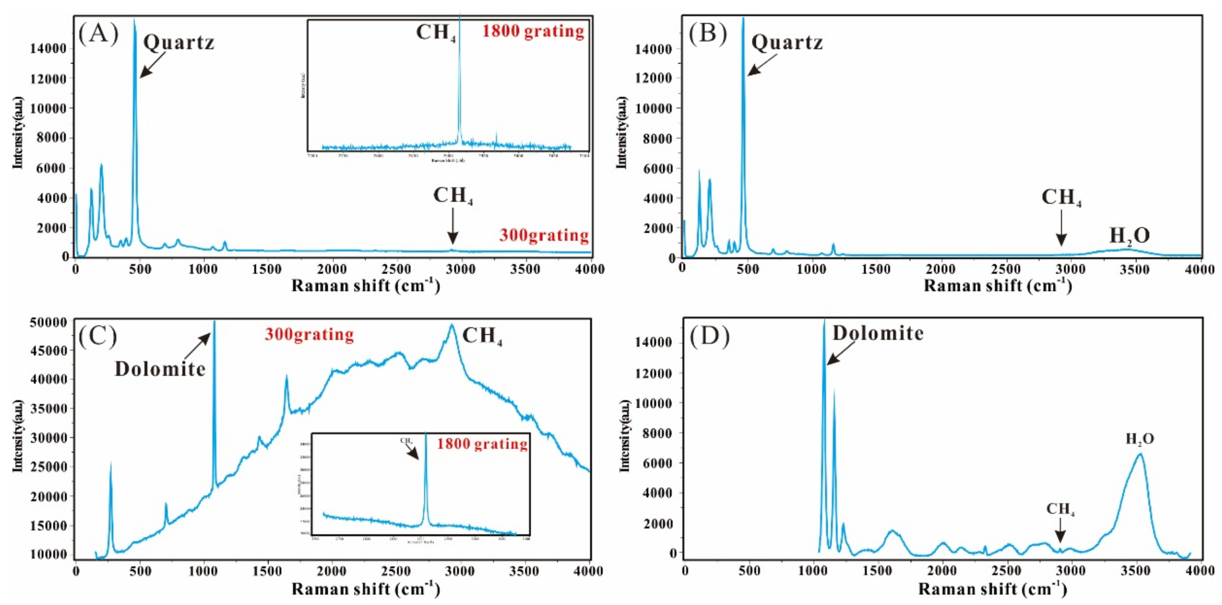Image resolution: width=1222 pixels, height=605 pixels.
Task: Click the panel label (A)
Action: click(98, 34)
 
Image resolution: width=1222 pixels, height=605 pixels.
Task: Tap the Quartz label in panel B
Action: click(787, 43)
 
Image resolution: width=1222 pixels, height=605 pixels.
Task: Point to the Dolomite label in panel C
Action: click(160, 369)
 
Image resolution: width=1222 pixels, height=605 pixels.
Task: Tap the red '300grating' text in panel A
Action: click(544, 235)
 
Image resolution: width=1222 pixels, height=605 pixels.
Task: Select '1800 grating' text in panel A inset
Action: click(533, 31)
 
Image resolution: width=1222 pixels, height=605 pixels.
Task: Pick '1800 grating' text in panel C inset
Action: click(482, 444)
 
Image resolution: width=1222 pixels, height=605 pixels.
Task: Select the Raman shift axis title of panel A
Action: click(365, 286)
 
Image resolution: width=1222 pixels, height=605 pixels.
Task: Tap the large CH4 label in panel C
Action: click(482, 336)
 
